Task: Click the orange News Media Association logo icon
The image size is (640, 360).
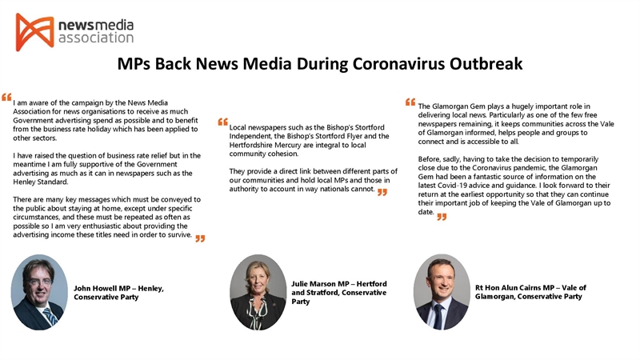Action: click(x=34, y=32)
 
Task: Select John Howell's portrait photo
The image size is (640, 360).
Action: click(x=38, y=293)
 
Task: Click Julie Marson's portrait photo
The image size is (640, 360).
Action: click(x=258, y=293)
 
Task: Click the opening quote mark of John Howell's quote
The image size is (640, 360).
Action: click(x=6, y=97)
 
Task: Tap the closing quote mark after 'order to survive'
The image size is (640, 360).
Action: click(x=200, y=238)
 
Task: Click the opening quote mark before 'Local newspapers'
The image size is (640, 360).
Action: click(x=222, y=122)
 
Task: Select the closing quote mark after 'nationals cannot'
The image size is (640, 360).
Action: click(x=382, y=192)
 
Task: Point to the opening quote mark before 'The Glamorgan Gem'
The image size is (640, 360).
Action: click(x=410, y=102)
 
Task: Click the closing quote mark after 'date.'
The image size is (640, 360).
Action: click(x=442, y=216)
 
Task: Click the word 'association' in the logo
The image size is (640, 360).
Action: click(x=96, y=38)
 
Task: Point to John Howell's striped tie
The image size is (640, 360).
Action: click(x=49, y=316)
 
